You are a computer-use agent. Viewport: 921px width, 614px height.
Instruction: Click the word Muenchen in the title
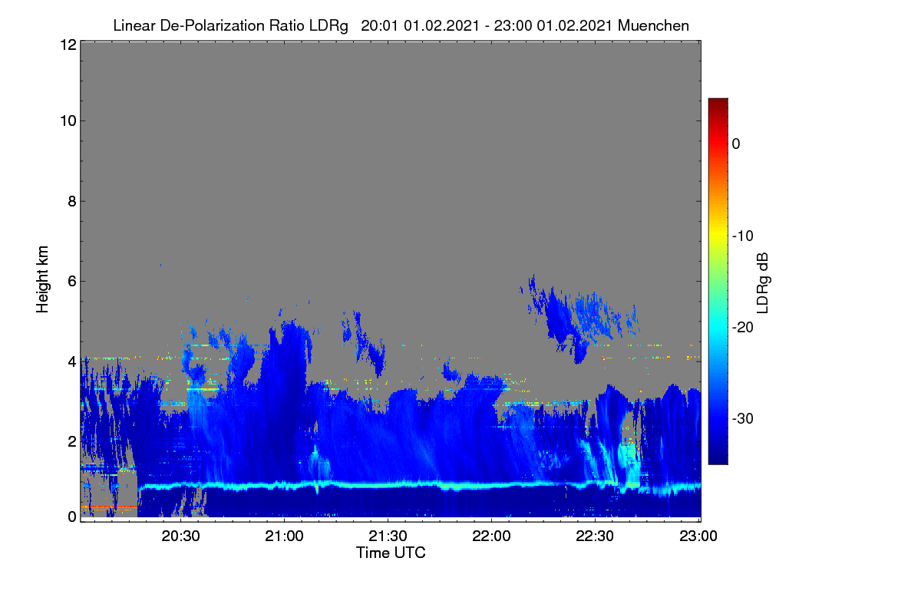(x=653, y=26)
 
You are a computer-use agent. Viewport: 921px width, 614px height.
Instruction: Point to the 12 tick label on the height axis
(x=68, y=45)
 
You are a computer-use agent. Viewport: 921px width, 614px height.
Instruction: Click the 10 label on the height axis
(x=68, y=121)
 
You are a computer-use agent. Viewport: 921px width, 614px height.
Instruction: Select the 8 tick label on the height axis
(x=72, y=201)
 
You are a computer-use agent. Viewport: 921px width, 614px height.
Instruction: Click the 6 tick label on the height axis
(x=72, y=282)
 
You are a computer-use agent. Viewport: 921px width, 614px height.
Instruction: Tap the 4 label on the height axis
(x=72, y=362)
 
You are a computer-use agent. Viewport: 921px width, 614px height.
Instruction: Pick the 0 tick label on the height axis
(x=72, y=517)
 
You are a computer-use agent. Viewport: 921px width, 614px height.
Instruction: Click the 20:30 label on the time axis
(x=180, y=536)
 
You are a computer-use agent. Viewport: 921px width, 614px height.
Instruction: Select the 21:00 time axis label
(x=284, y=536)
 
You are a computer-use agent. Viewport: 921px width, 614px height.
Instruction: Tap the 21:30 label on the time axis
(x=388, y=536)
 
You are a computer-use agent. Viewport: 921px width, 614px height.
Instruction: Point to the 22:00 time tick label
(x=491, y=536)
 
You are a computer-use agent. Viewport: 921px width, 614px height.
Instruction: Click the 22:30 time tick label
(x=595, y=536)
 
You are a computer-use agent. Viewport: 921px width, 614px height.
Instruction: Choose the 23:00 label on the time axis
(x=698, y=536)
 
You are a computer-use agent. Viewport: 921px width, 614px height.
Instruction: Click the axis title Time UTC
(x=391, y=553)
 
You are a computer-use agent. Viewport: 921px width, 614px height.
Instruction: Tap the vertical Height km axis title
(x=42, y=279)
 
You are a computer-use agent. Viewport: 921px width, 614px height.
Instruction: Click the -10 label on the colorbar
(x=743, y=236)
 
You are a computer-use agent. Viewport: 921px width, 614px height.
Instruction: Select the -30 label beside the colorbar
(x=743, y=418)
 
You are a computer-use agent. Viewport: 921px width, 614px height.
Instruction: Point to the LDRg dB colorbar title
(x=763, y=283)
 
